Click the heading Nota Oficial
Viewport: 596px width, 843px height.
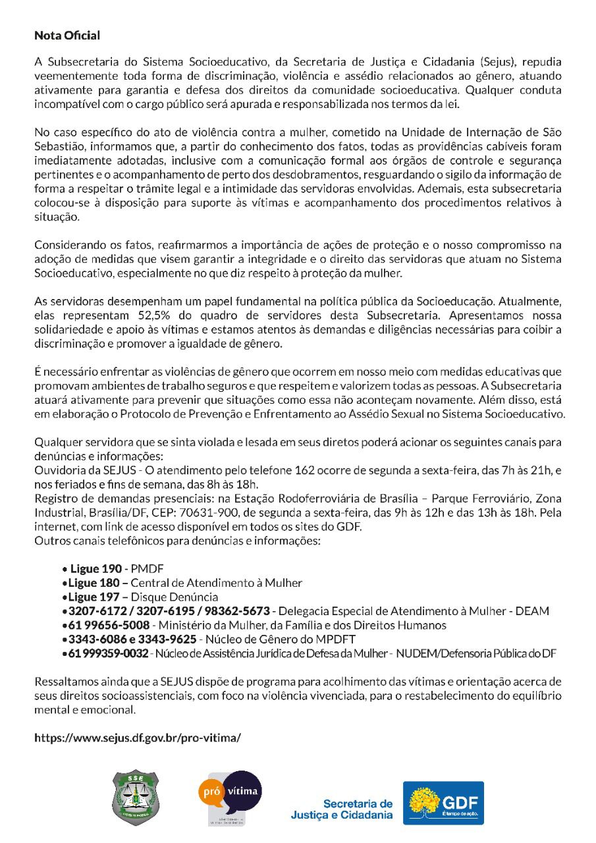pos(67,34)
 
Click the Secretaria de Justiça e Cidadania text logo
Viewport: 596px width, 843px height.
pos(342,809)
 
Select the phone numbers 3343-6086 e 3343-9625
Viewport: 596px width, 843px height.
pos(131,639)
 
